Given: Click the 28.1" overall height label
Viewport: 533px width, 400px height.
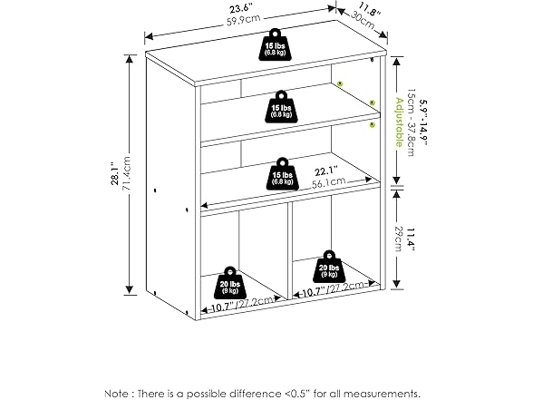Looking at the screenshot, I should click(115, 171).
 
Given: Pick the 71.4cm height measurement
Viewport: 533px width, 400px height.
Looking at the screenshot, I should click(130, 171).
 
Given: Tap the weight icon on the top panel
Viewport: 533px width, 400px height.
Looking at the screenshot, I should click(276, 48).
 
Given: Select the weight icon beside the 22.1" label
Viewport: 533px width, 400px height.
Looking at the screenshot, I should click(282, 172).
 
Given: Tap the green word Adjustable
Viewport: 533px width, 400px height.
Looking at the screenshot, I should click(398, 122).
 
